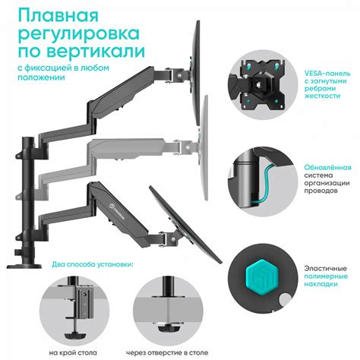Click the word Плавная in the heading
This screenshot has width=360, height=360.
click(x=55, y=17)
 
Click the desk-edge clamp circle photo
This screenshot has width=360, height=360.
click(x=77, y=307)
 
